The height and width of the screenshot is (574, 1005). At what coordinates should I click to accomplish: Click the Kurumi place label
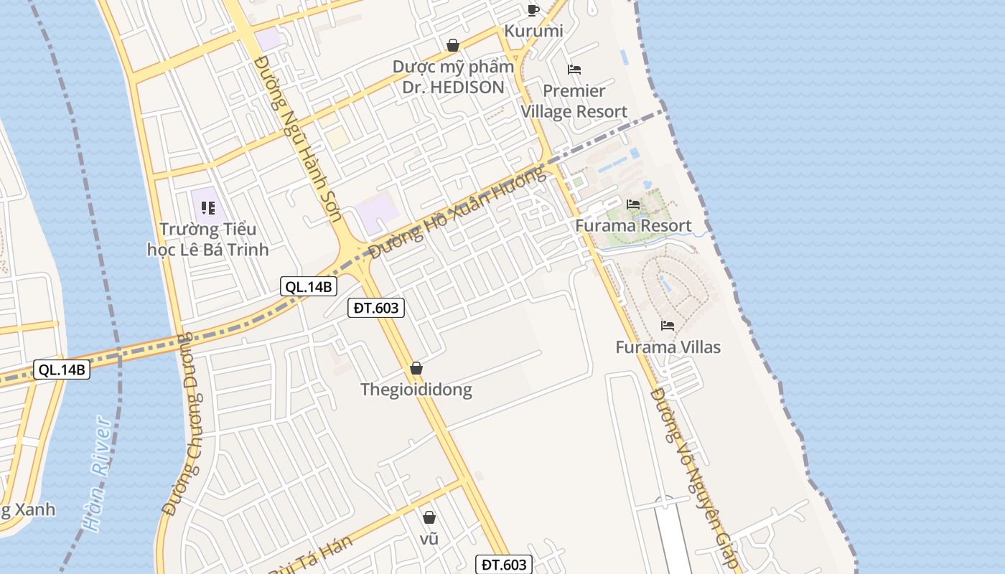533,31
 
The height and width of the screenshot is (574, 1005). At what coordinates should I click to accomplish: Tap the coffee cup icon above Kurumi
533,9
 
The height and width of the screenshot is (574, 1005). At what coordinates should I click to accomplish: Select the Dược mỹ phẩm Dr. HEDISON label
453,77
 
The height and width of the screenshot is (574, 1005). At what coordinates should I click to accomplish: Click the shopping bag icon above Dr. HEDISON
453,45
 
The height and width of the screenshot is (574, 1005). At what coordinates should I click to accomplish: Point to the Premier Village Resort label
574,101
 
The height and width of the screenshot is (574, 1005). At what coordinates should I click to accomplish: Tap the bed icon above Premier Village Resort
574,70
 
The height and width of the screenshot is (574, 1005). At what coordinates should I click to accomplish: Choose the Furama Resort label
633,226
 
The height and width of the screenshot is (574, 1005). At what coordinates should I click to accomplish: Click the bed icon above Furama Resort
633,204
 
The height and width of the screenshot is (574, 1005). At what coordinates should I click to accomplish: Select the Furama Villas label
668,347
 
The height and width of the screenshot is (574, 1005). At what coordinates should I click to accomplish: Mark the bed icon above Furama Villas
668,326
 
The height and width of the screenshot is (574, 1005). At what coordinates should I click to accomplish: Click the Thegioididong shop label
416,390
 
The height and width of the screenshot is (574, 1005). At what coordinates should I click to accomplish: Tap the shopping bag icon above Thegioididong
416,368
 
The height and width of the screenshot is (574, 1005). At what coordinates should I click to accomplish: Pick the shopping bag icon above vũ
429,517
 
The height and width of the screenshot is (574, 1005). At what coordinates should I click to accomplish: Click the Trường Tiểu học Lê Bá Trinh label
207,240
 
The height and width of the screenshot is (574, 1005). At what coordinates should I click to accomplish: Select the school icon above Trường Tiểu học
208,208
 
